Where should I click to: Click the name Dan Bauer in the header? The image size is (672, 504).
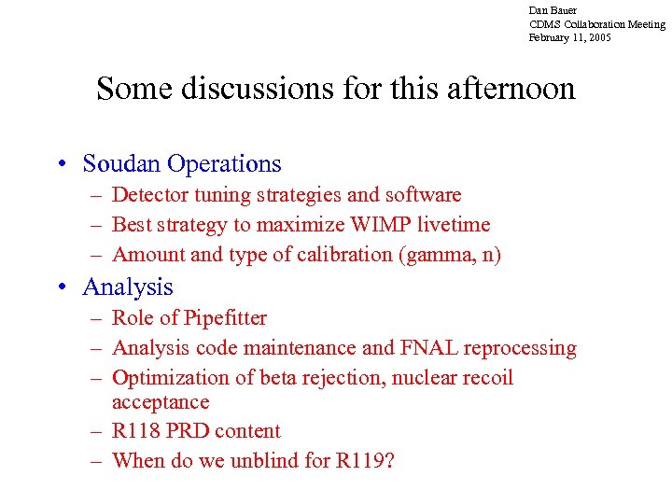click(553, 10)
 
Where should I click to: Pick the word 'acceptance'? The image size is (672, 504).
click(161, 402)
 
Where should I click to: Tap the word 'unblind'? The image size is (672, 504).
click(260, 461)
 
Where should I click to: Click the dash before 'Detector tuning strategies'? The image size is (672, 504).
click(97, 195)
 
